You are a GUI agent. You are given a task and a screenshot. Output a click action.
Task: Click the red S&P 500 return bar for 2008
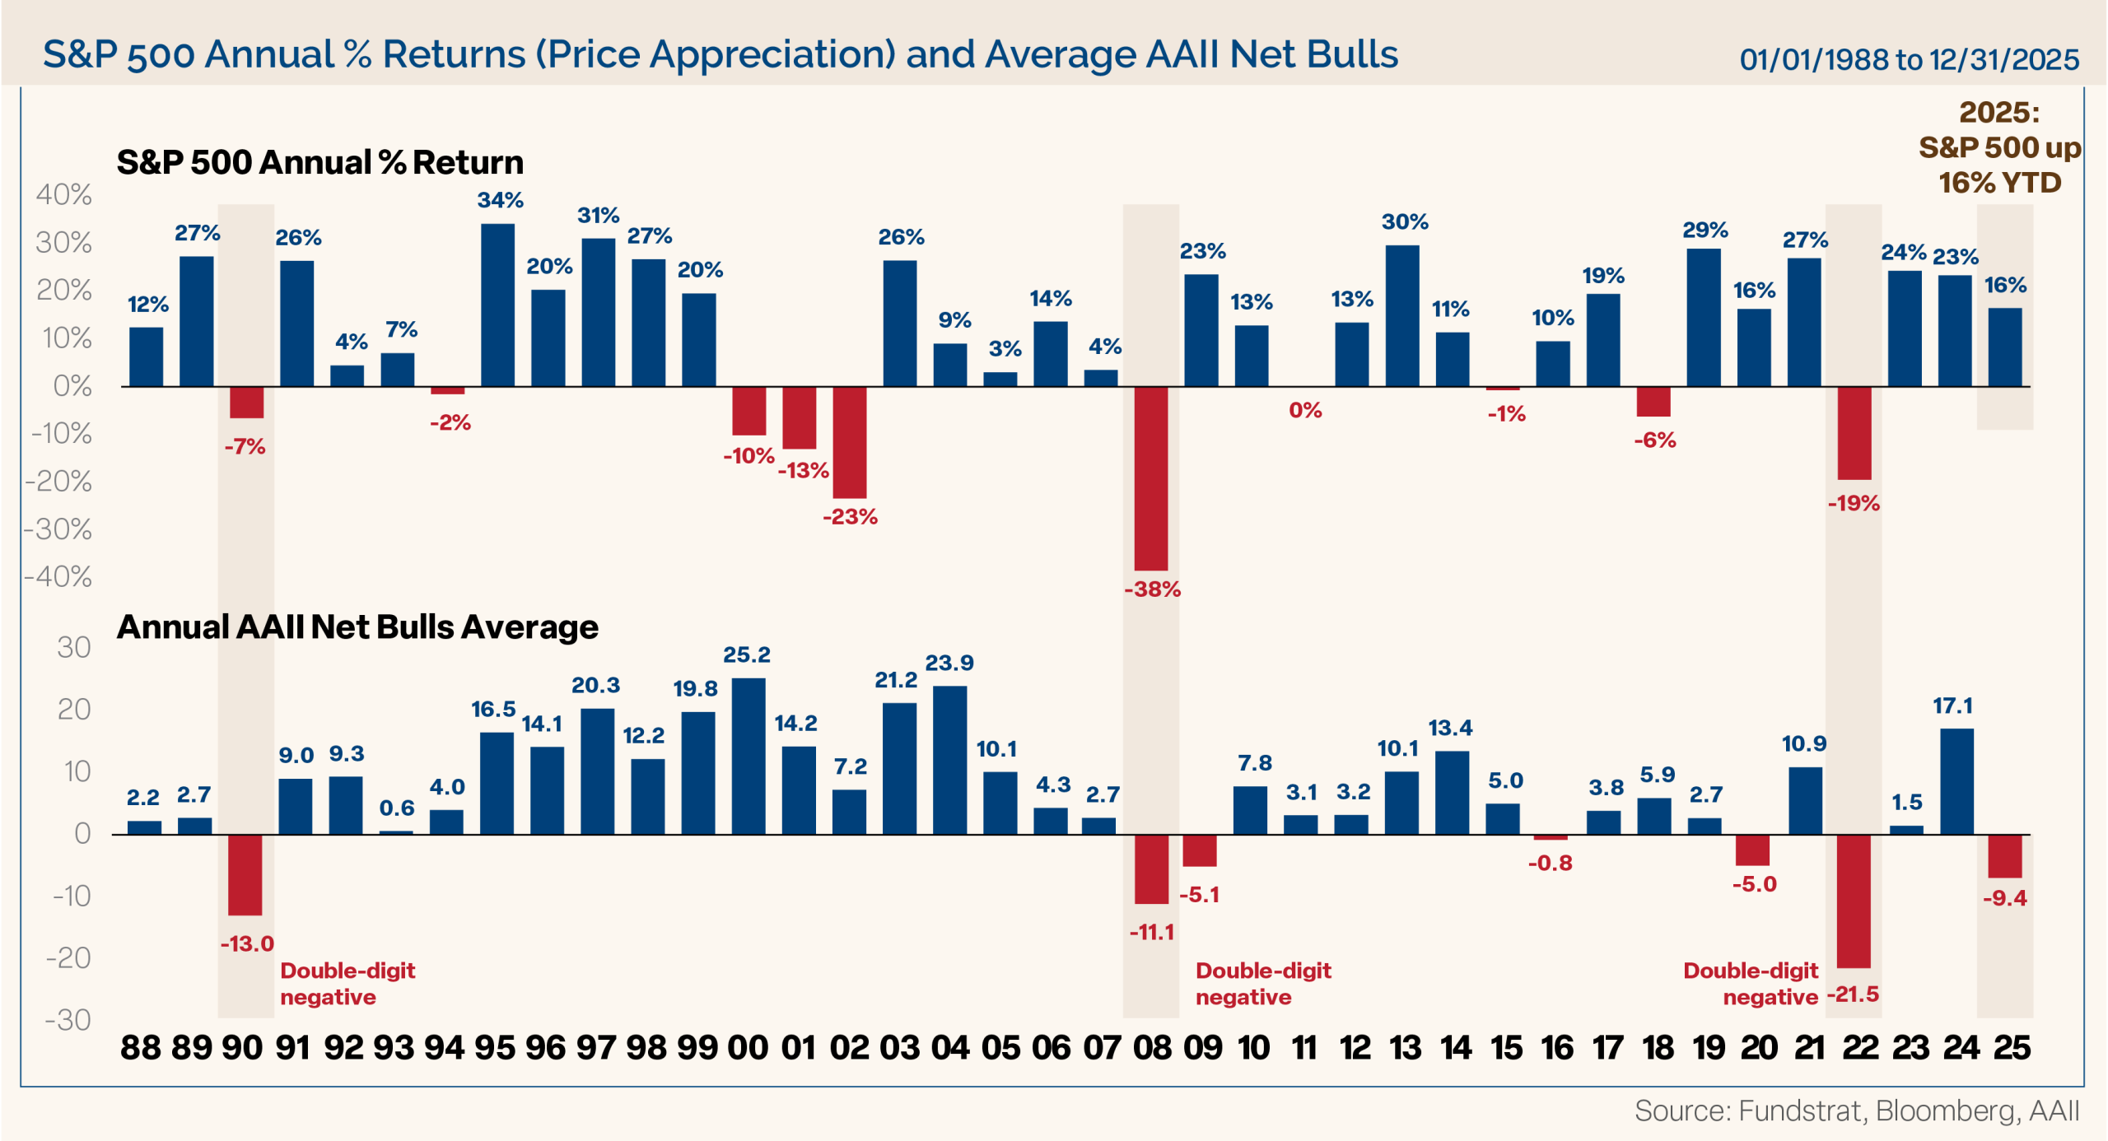coord(1150,477)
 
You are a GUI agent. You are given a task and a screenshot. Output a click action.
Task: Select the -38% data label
coord(1152,589)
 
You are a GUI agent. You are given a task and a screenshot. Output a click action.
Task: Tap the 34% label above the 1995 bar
coord(500,200)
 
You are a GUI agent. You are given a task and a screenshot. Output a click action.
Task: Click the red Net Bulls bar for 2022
coord(1854,901)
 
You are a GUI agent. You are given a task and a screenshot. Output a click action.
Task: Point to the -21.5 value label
coord(1853,994)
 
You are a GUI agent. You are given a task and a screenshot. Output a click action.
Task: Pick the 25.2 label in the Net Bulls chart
coord(746,654)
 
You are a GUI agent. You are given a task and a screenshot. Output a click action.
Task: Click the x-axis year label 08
coord(1152,1047)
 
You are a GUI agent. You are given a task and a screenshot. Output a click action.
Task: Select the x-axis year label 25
coord(2011,1047)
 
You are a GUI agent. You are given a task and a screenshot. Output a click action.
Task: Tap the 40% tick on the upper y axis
coord(63,194)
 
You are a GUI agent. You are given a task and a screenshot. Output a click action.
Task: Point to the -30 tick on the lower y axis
coord(68,1020)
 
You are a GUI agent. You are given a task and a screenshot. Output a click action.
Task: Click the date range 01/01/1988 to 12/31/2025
coord(1909,59)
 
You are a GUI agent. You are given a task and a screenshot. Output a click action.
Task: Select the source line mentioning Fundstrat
coord(1856,1111)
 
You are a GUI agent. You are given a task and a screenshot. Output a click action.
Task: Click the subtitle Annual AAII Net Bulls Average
coord(357,626)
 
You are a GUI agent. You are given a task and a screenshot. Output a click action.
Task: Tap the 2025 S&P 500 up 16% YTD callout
coord(1998,147)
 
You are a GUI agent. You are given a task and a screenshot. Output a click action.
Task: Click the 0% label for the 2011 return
coord(1305,410)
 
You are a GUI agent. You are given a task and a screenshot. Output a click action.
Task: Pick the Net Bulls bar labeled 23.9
coord(949,759)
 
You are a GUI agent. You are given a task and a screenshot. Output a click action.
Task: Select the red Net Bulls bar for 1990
coord(245,874)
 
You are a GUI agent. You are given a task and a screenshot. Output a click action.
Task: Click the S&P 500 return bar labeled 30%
coord(1401,315)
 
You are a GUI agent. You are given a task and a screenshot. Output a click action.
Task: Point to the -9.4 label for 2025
coord(2004,897)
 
